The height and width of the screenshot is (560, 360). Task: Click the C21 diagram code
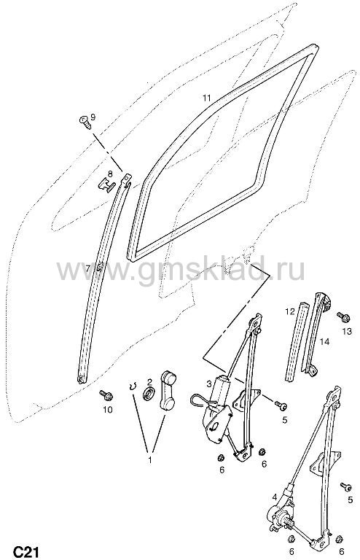(26, 551)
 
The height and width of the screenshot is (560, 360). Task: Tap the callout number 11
(207, 98)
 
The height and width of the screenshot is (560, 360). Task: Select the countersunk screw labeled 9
(85, 122)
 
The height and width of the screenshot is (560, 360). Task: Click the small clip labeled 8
(106, 185)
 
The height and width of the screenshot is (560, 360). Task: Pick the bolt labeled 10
(106, 395)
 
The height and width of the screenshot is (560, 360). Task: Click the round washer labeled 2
(149, 393)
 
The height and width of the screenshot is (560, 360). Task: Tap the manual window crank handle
(168, 389)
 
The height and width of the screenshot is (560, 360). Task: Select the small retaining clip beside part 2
(133, 386)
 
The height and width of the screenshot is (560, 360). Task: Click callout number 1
(150, 460)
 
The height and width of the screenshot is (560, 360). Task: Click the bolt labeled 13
(343, 316)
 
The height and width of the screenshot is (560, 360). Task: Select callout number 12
(290, 311)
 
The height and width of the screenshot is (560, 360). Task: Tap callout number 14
(325, 342)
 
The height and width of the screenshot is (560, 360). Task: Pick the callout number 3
(209, 384)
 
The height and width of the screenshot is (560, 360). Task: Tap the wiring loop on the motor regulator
(201, 400)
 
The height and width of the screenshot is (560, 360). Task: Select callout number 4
(274, 497)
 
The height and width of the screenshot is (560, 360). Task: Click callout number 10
(107, 409)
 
